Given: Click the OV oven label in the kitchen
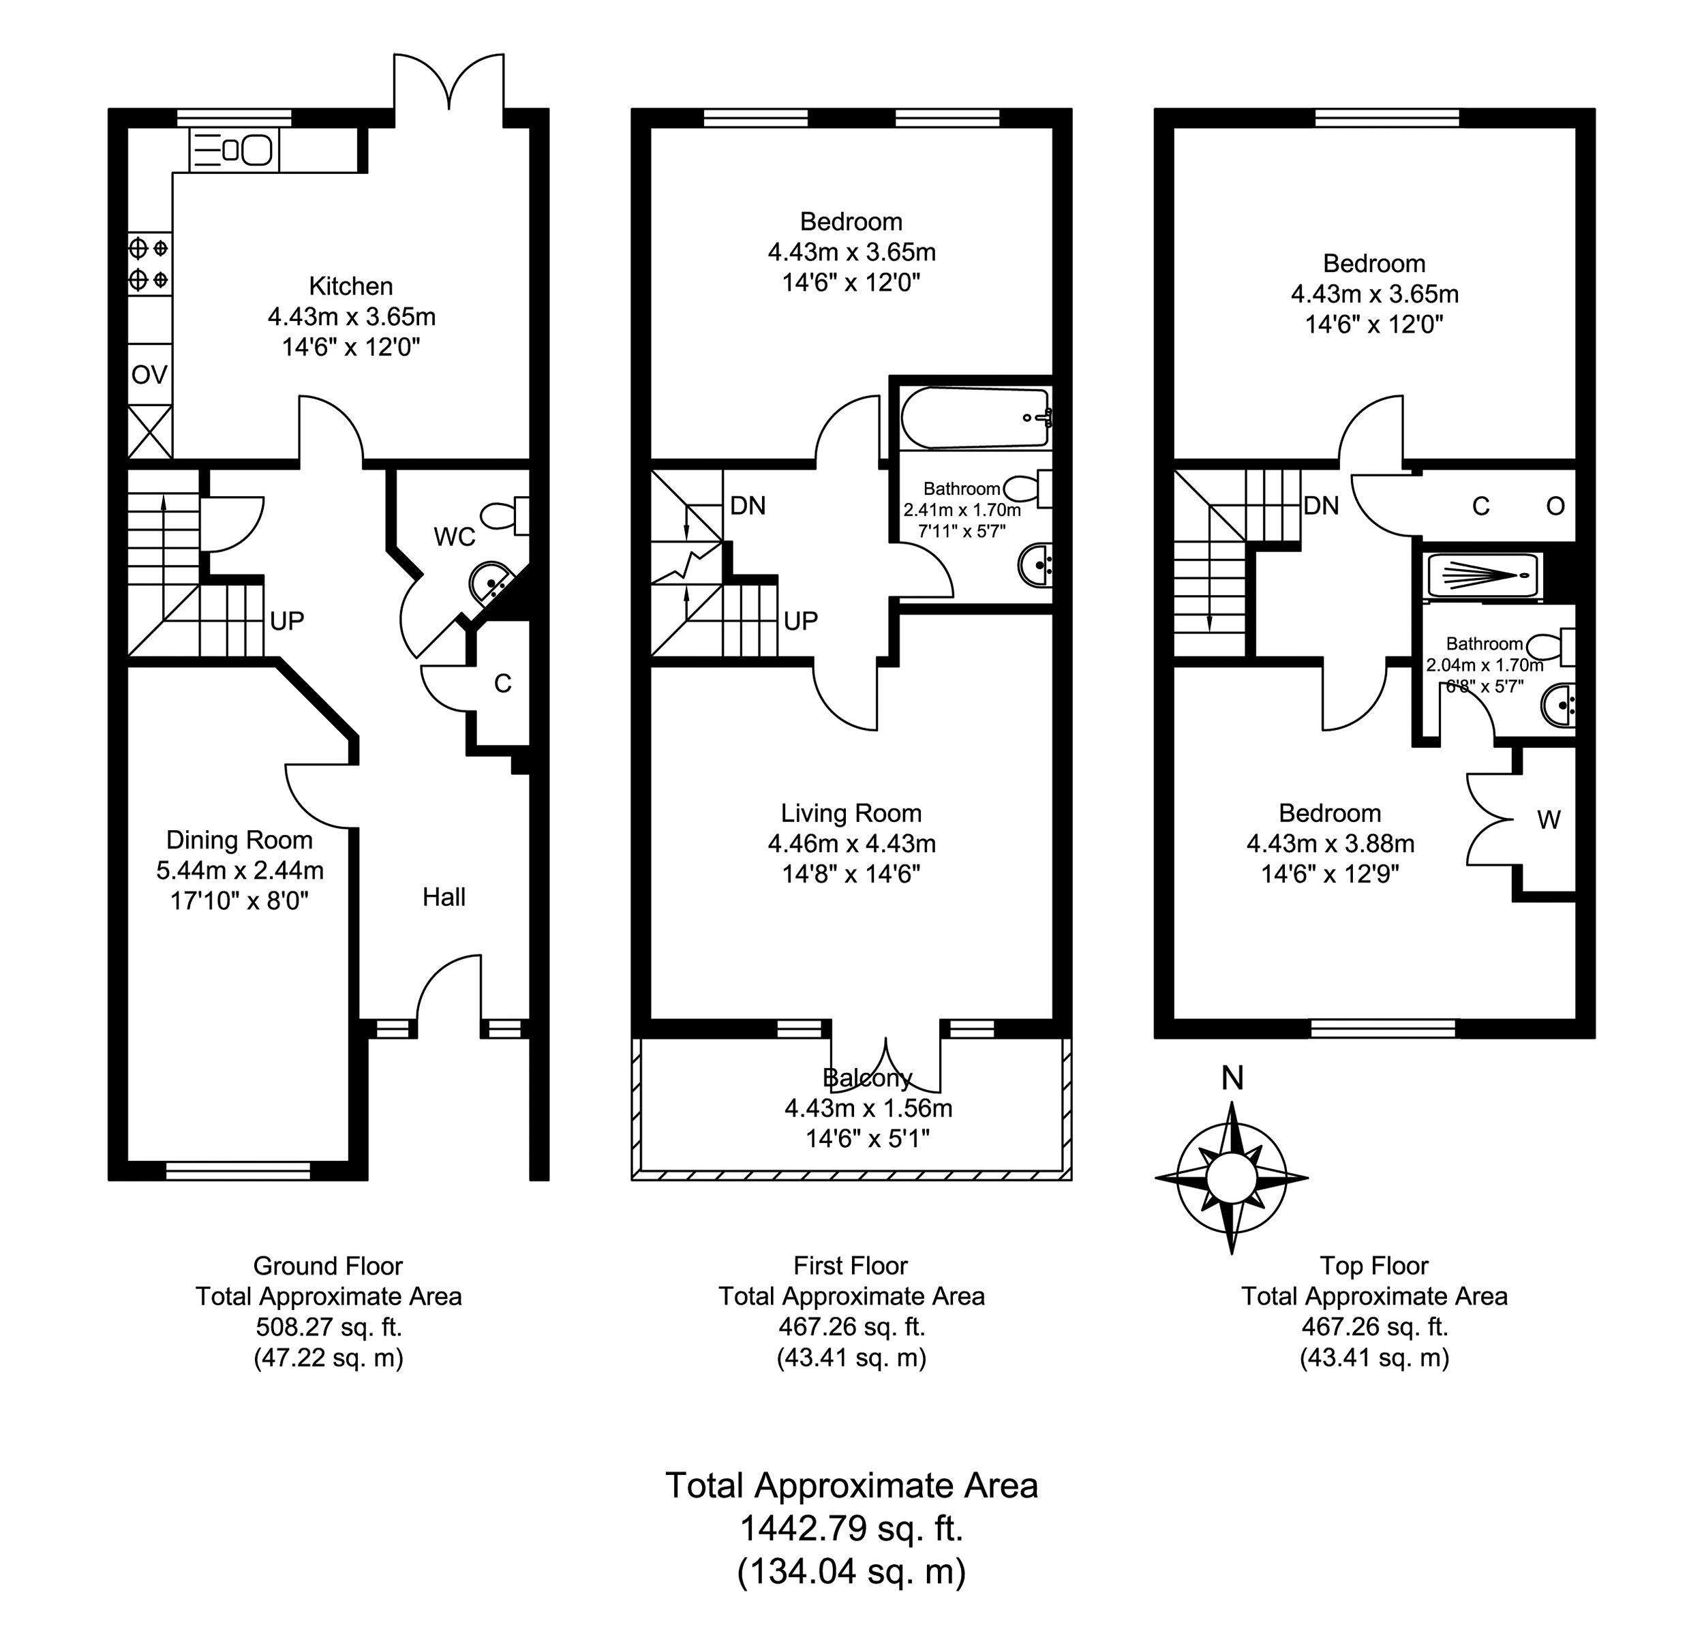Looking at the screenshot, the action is click(x=149, y=375).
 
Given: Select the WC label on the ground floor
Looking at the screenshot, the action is click(x=455, y=537).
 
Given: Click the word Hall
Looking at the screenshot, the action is click(x=444, y=897).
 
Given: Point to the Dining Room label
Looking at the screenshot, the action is click(x=239, y=840).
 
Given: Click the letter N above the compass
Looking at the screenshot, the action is click(x=1232, y=1078).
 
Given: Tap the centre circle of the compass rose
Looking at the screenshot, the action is click(x=1231, y=1179).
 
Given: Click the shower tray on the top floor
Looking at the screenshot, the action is click(x=1483, y=577).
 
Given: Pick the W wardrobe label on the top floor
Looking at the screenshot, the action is click(x=1549, y=819).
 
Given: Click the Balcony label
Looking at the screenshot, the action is click(x=867, y=1078).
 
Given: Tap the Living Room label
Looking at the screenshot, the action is click(x=851, y=813).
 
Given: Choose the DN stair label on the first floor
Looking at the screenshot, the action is click(x=748, y=505).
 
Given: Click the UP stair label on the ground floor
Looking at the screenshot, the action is click(x=287, y=621).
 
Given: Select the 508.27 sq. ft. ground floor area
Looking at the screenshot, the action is click(x=329, y=1326).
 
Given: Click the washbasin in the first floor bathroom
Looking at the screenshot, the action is click(x=1035, y=565).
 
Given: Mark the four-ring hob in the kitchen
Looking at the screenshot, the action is click(x=149, y=263).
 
